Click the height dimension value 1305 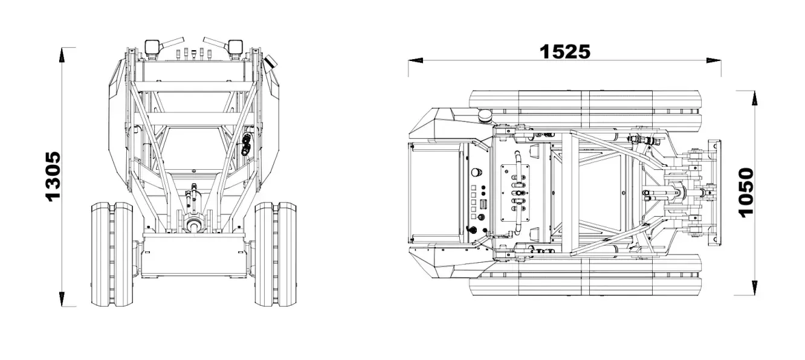point(53,176)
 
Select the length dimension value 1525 point(564,51)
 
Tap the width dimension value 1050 point(746,191)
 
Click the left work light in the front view point(152,47)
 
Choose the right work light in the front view point(235,47)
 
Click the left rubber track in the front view point(112,254)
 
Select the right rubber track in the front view point(275,254)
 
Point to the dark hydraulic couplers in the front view point(247,145)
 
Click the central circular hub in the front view point(194,225)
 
